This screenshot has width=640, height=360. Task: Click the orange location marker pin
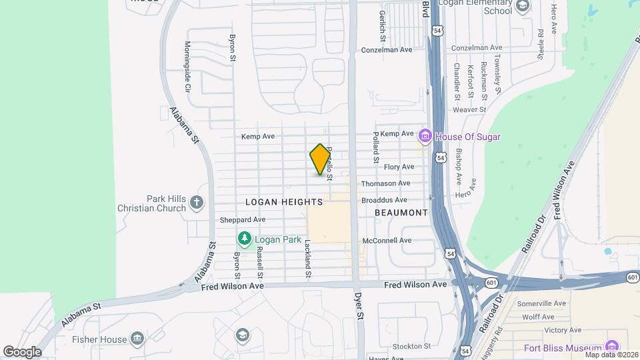(321, 159)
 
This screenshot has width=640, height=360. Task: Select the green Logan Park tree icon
(245, 238)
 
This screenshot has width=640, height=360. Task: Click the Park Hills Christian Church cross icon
(196, 202)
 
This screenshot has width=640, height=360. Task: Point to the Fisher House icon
(137, 339)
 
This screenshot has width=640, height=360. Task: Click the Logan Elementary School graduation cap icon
(523, 7)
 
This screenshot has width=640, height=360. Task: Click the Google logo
(23, 351)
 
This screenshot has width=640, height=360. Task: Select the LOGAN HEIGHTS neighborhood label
(284, 201)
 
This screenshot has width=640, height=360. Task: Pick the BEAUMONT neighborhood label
(401, 213)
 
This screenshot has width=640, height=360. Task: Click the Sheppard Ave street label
(243, 219)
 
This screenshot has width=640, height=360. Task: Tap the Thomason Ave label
(385, 183)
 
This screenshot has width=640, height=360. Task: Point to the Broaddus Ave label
(383, 200)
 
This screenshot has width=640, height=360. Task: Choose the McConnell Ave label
(387, 240)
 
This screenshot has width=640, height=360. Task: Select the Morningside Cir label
(187, 67)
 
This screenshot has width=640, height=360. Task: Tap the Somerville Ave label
(541, 303)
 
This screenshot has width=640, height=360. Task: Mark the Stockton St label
(411, 346)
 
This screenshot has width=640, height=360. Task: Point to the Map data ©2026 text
(610, 355)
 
